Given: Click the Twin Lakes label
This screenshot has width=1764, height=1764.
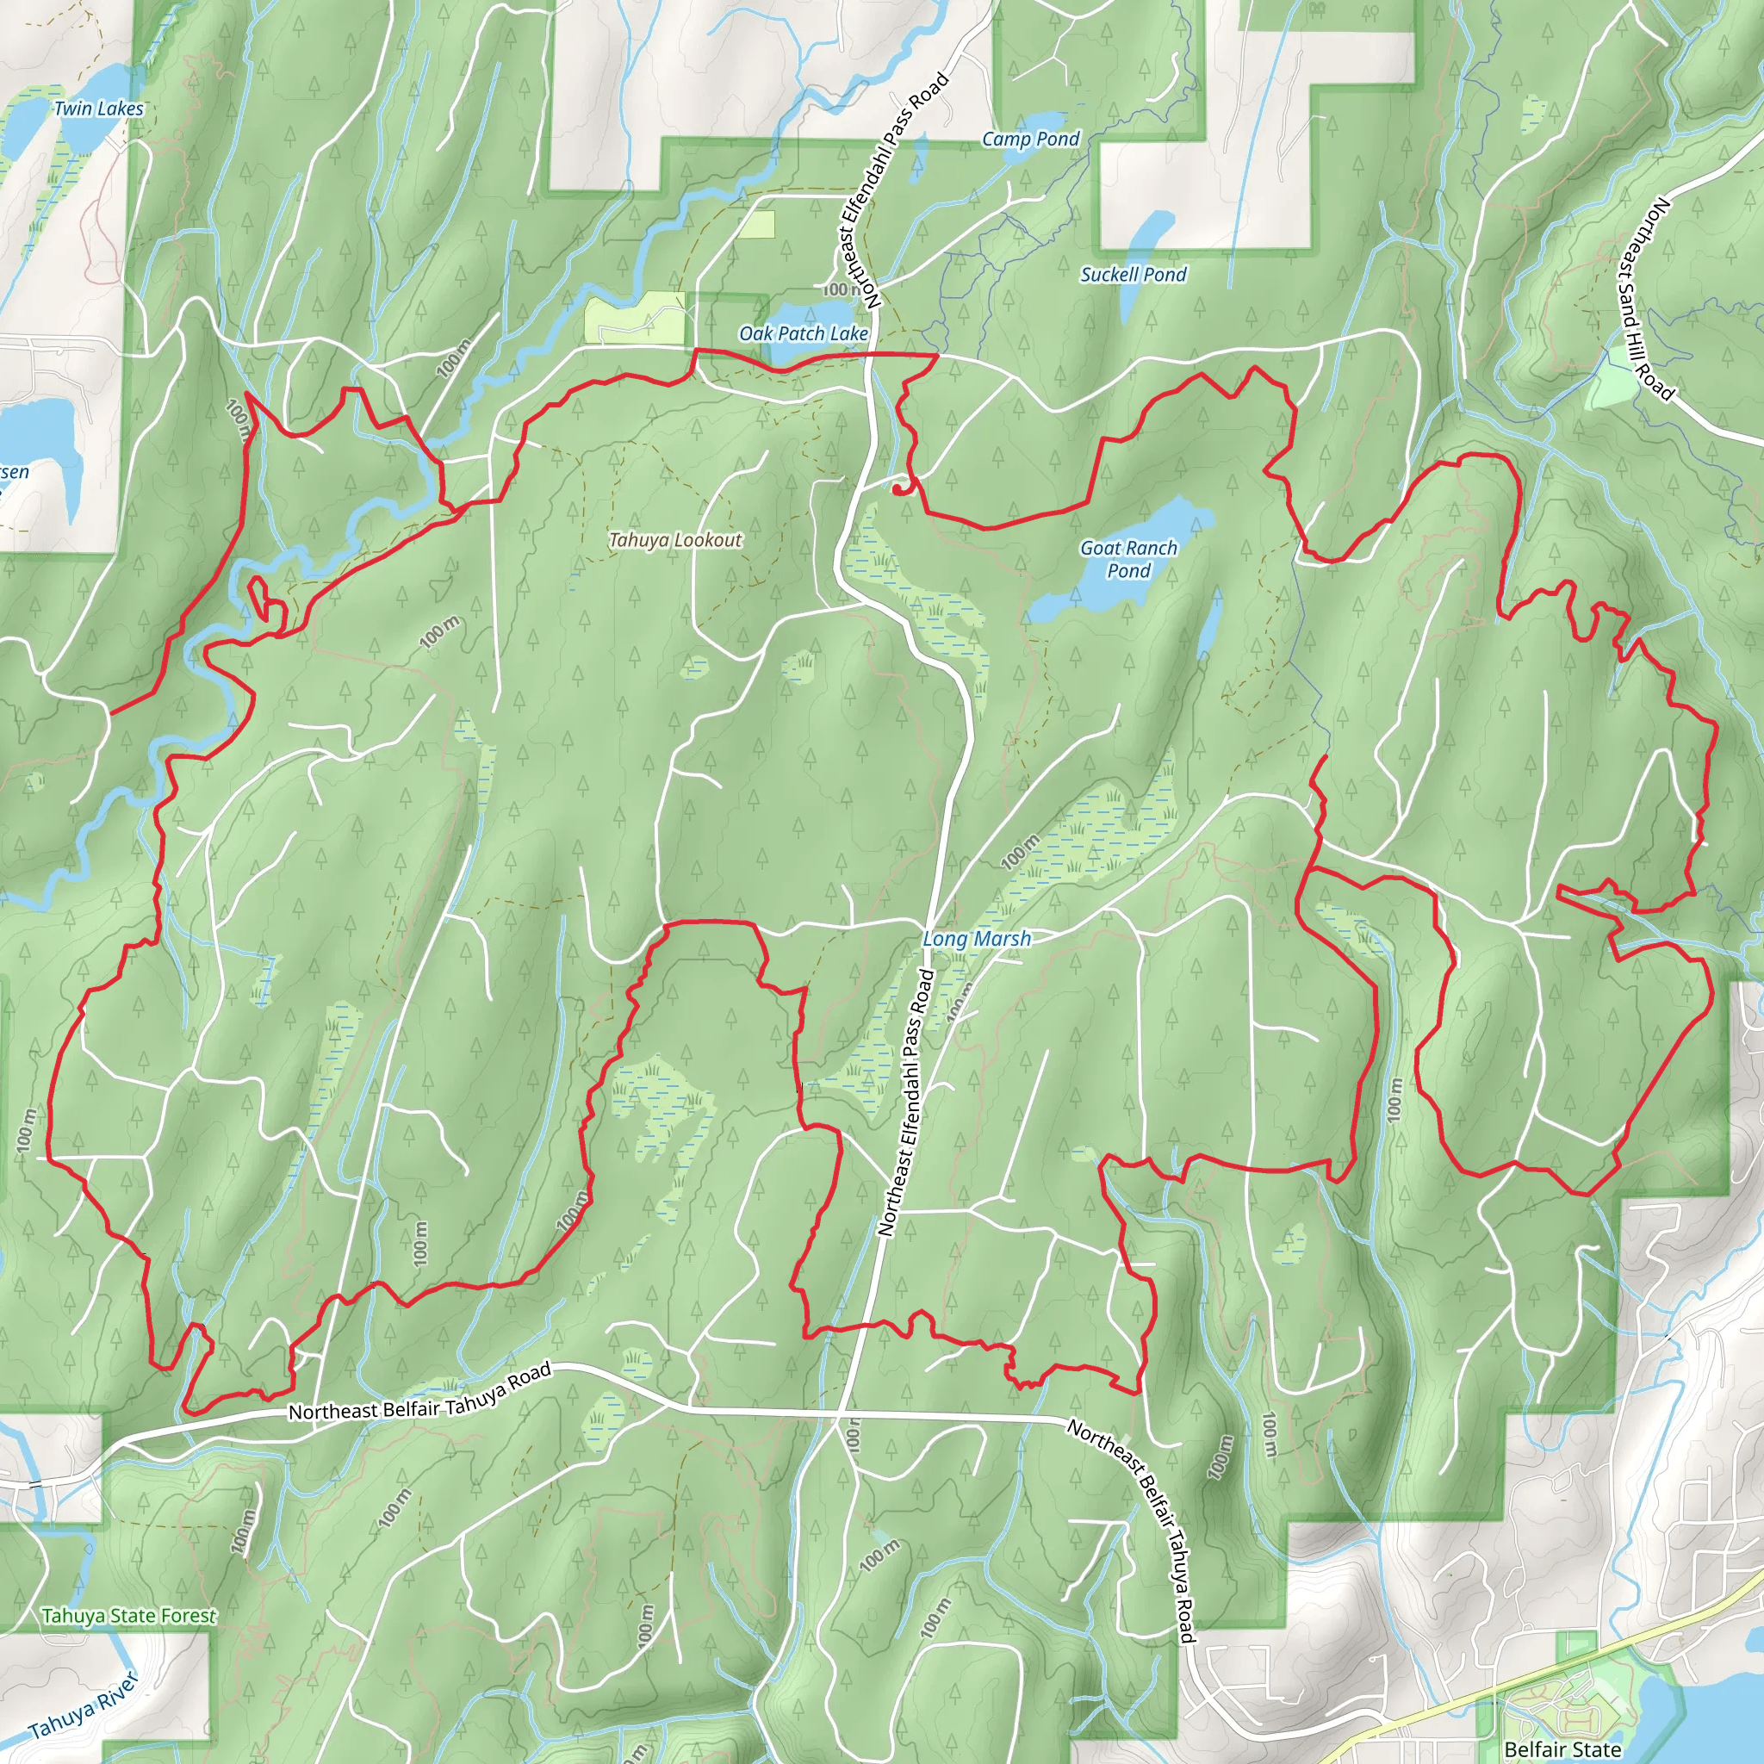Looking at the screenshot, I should coord(98,109).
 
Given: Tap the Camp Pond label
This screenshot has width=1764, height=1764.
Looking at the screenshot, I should coord(1030,139).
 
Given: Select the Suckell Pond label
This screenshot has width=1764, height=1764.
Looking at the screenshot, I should coord(1134,274).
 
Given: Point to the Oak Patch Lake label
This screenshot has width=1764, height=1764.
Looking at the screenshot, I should coord(804,333).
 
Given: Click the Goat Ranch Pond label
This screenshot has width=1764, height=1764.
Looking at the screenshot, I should coord(1128,559).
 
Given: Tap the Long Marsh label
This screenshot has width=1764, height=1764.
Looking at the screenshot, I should coord(976,939).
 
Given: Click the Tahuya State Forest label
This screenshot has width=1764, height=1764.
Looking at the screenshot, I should coord(128,1616).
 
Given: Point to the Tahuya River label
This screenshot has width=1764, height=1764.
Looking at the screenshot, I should coord(82,1705).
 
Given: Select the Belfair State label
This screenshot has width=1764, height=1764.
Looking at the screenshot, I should coord(1562,1748).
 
